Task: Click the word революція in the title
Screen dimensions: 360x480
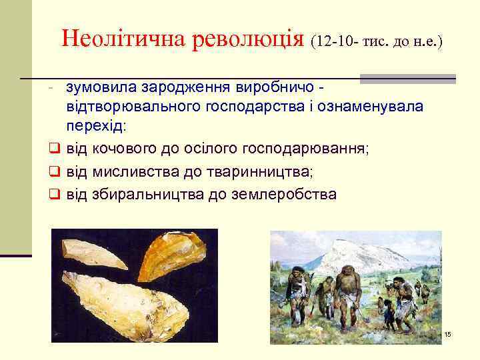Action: [x=248, y=39]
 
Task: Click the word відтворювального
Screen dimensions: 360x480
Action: [x=133, y=107]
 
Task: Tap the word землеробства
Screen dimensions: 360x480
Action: [x=283, y=194]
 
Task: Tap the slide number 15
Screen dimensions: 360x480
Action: [x=447, y=333]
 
